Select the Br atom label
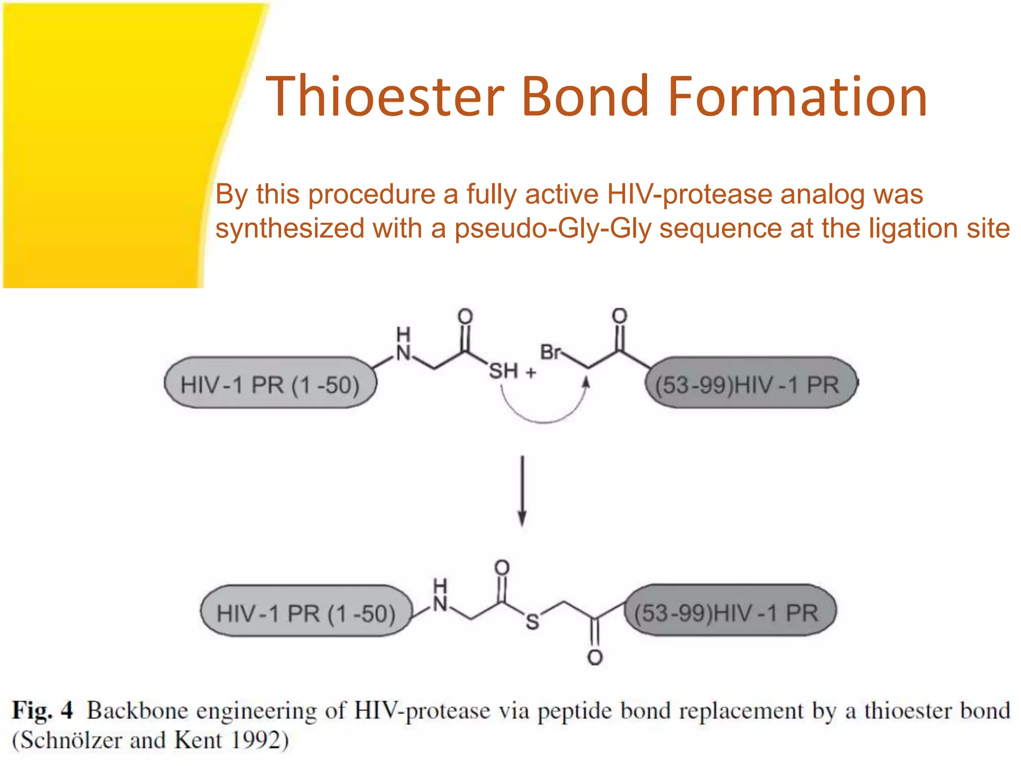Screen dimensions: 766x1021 [550, 352]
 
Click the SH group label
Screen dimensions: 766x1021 [503, 372]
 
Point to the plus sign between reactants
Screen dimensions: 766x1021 [531, 372]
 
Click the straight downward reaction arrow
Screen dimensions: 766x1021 [522, 491]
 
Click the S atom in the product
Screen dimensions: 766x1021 [532, 621]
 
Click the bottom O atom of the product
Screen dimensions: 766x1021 [594, 657]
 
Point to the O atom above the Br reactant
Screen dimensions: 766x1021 [619, 315]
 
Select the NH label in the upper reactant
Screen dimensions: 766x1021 [403, 345]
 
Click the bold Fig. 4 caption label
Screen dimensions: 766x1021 [42, 710]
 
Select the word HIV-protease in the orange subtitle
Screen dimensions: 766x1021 [689, 194]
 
